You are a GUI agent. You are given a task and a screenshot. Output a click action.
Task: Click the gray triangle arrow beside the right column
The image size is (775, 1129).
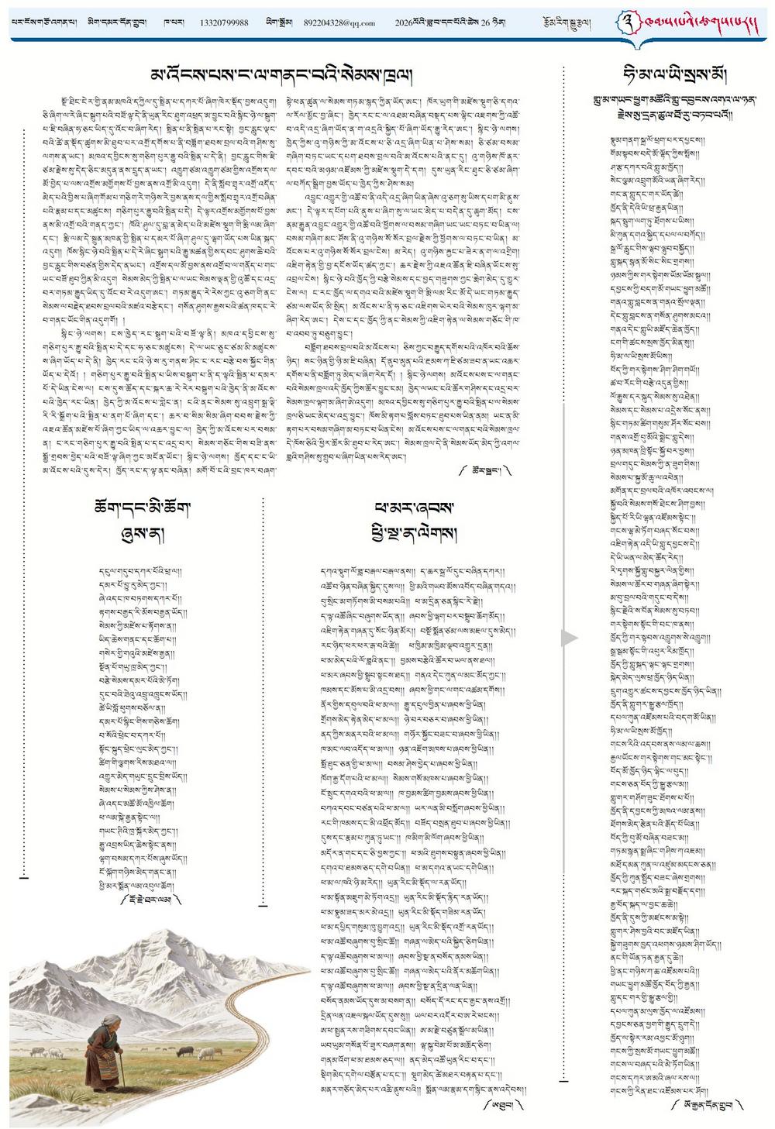point(570,638)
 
